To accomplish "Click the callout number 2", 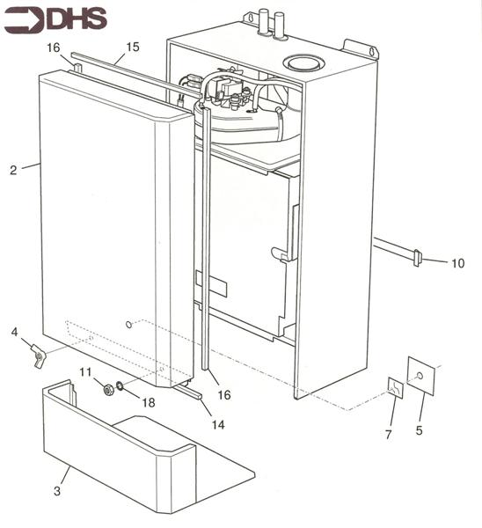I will click(x=13, y=170).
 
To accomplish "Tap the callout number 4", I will click(x=14, y=332).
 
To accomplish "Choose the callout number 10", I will click(x=457, y=263).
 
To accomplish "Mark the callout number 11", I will click(x=85, y=371).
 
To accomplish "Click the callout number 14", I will click(x=216, y=424).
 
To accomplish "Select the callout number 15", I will click(x=133, y=46).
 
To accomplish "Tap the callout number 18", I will click(x=149, y=401).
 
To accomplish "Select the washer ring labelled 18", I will click(x=120, y=386).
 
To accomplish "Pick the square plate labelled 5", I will click(x=421, y=376).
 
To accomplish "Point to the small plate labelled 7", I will click(x=396, y=388).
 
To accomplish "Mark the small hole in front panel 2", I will click(x=129, y=325).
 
